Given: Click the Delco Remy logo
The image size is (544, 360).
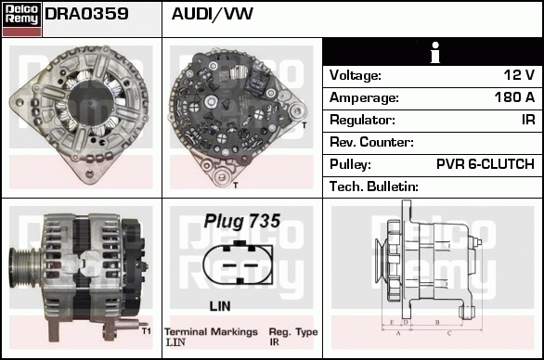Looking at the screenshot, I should (x=21, y=18).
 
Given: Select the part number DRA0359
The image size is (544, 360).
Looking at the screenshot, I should (x=86, y=15).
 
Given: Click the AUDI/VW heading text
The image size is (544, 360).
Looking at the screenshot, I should (x=213, y=15).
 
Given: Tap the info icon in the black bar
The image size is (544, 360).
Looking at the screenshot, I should (x=433, y=52).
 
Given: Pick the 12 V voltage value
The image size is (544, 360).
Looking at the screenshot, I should (x=518, y=75).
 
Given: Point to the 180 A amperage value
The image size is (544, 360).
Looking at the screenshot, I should (x=514, y=97).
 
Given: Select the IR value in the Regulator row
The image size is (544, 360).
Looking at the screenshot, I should (x=527, y=120).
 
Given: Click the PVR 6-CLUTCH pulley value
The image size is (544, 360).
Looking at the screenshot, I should (x=485, y=164).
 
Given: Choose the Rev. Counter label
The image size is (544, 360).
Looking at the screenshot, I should (x=371, y=142).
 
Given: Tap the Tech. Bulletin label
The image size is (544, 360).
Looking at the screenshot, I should (x=374, y=186).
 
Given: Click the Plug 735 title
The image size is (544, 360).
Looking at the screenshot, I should (x=242, y=222).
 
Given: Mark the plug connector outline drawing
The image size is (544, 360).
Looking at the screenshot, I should (x=241, y=265).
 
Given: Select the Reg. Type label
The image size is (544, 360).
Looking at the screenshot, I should (x=292, y=331).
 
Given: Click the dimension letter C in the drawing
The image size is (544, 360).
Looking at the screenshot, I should (x=449, y=331).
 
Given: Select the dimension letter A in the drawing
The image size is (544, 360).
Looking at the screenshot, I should (x=397, y=331).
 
